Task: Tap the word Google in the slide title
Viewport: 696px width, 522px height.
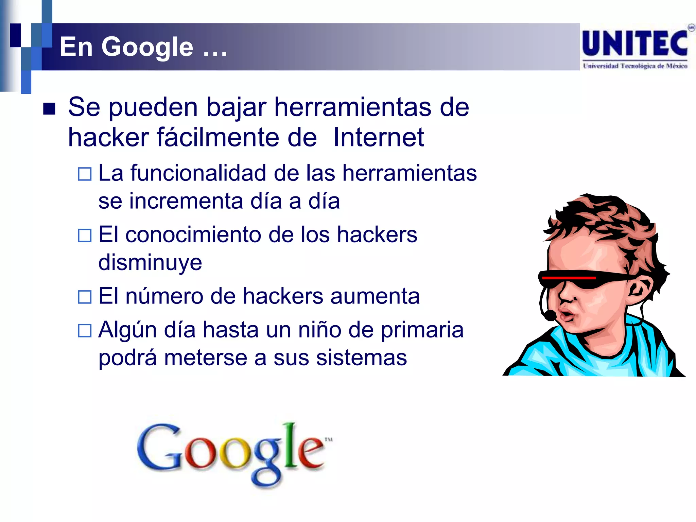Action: point(147,47)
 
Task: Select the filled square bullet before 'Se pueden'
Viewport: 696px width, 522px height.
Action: point(49,109)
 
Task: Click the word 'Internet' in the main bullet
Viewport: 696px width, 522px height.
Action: point(378,137)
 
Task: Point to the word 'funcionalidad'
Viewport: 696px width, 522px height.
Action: point(198,173)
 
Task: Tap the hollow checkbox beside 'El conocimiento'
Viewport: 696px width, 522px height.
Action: point(85,235)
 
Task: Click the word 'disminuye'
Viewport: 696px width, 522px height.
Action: point(150,262)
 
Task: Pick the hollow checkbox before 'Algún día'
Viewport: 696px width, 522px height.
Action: point(85,330)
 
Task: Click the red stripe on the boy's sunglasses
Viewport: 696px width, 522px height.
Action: point(569,278)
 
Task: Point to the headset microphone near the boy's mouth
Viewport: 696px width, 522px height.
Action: point(549,316)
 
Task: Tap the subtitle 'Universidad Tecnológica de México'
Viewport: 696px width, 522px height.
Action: point(635,66)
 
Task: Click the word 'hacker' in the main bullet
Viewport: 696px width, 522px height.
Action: point(108,137)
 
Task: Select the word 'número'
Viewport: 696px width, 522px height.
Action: point(164,296)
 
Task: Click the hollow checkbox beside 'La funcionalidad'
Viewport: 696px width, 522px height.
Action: point(85,174)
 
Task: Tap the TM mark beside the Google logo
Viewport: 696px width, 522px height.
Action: point(329,439)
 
